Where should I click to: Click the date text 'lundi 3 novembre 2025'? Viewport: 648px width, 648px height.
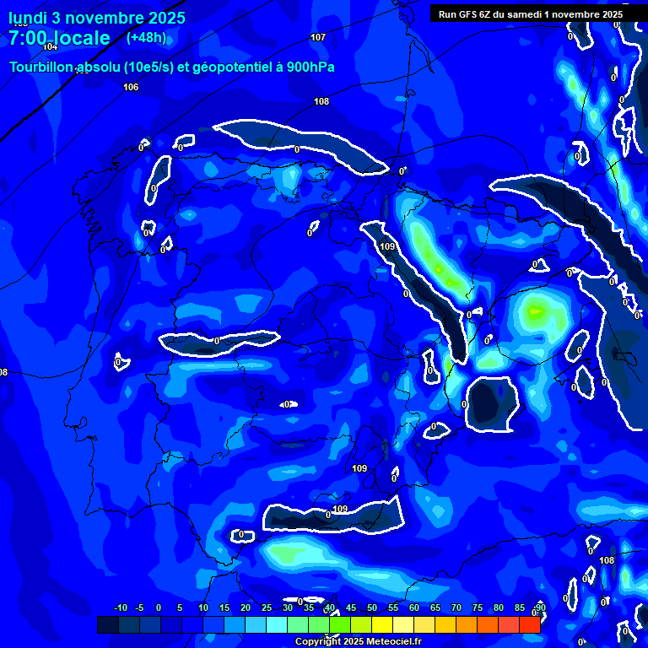[x=96, y=18]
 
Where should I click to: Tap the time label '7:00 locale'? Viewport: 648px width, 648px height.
[x=59, y=38]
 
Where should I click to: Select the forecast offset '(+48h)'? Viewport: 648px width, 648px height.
[x=146, y=37]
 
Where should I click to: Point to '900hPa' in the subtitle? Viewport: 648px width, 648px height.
[x=310, y=67]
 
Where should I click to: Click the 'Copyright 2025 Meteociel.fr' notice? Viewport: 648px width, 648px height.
[x=357, y=641]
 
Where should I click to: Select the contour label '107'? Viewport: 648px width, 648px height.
[x=318, y=37]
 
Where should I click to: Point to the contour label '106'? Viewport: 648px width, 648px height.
[x=131, y=87]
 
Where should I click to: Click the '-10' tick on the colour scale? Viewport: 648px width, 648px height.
[x=120, y=607]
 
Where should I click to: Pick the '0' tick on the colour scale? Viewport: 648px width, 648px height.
[x=159, y=607]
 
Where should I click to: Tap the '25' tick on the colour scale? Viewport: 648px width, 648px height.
[x=267, y=607]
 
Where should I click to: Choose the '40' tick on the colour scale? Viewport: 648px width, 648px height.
[x=330, y=607]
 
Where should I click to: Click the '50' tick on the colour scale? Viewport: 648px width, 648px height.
[x=372, y=607]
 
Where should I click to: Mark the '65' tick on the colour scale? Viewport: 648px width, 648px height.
[x=435, y=607]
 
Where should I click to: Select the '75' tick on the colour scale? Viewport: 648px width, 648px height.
[x=478, y=607]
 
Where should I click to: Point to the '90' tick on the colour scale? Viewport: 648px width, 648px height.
[x=540, y=607]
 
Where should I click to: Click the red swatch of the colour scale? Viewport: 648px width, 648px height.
[x=530, y=624]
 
